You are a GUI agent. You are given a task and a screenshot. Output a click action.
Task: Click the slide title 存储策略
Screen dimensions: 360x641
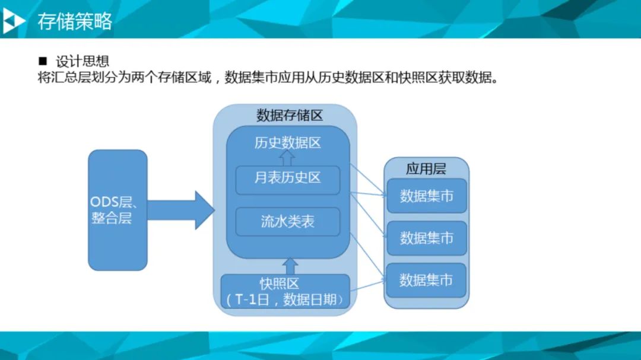pyautogui.click(x=75, y=22)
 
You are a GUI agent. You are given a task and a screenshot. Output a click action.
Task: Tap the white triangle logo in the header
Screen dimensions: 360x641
pyautogui.click(x=13, y=22)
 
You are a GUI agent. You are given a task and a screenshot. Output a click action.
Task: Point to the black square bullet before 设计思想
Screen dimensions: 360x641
pyautogui.click(x=42, y=62)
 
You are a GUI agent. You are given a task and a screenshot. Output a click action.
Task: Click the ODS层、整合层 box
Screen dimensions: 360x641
pyautogui.click(x=118, y=210)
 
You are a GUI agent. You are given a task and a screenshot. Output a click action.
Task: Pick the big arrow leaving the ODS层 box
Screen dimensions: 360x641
pyautogui.click(x=180, y=210)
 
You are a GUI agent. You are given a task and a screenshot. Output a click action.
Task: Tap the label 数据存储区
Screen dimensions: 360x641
pyautogui.click(x=289, y=115)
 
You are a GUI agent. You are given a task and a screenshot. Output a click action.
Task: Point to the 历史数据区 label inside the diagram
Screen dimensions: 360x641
pyautogui.click(x=287, y=143)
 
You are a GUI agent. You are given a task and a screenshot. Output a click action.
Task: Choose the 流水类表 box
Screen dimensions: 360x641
pyautogui.click(x=287, y=222)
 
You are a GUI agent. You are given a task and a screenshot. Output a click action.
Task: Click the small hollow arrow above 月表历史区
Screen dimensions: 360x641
pyautogui.click(x=287, y=158)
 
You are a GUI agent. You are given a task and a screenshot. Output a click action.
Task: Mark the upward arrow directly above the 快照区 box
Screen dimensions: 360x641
pyautogui.click(x=290, y=266)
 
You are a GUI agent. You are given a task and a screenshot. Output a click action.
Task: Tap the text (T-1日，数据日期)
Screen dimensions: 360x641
pyautogui.click(x=285, y=300)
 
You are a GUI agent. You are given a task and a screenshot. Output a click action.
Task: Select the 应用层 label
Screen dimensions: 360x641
pyautogui.click(x=426, y=168)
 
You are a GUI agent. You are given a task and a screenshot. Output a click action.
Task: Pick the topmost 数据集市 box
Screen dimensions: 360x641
pyautogui.click(x=427, y=196)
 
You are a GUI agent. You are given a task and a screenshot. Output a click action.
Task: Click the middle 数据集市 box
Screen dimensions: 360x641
pyautogui.click(x=427, y=238)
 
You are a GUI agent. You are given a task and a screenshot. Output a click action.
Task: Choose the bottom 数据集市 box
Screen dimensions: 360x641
pyautogui.click(x=427, y=280)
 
